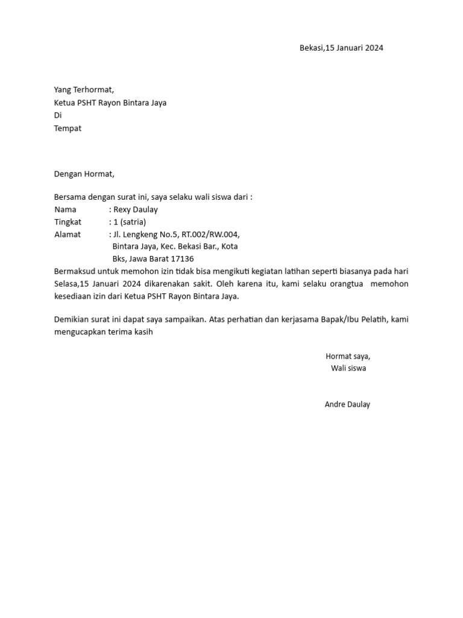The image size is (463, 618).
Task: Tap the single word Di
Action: pos(58,115)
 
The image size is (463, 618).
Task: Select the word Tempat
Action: pos(68,128)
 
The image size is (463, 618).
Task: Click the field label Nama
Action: pos(66,209)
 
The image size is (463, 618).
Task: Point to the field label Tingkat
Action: pos(68,222)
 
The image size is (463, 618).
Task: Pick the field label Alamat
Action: pos(68,234)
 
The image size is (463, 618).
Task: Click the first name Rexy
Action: pos(122,209)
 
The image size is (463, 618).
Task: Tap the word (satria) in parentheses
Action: pos(133,222)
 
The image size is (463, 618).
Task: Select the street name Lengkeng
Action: pos(139,234)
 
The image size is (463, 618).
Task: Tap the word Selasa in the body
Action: pos(66,284)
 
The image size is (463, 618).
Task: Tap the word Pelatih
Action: pos(370,319)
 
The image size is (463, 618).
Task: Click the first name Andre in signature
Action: pos(335,404)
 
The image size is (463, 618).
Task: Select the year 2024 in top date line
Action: pos(373,48)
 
